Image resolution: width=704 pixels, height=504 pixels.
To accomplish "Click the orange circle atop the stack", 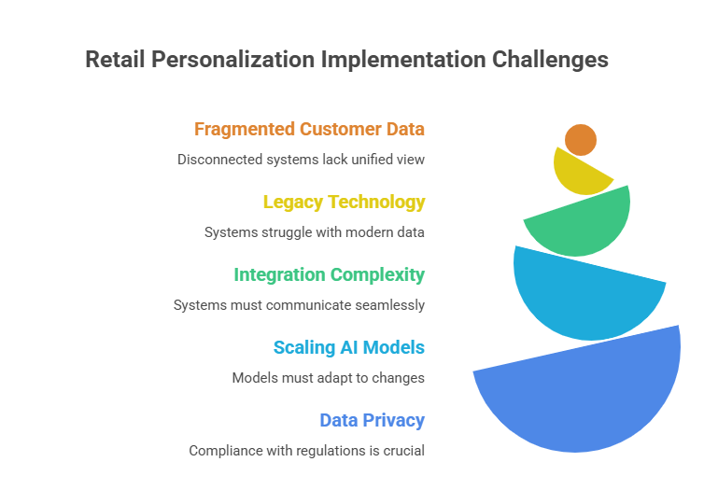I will click(581, 140).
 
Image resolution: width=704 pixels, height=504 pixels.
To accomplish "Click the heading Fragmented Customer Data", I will click(309, 129).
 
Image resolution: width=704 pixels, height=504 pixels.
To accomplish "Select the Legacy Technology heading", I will click(344, 202).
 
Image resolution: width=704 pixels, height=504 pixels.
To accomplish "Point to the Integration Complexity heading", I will click(329, 274).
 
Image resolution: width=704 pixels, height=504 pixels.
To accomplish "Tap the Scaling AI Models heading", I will click(348, 347).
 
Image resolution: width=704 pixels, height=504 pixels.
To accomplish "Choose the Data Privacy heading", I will click(372, 420).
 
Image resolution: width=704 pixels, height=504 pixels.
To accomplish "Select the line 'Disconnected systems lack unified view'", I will click(301, 160).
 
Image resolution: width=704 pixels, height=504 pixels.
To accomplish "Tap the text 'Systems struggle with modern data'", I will click(315, 232).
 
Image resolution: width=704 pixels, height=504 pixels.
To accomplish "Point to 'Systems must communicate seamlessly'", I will click(299, 305).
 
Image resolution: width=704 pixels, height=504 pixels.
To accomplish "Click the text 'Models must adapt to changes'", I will click(328, 378).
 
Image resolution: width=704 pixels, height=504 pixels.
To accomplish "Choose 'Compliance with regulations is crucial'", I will click(306, 451).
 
